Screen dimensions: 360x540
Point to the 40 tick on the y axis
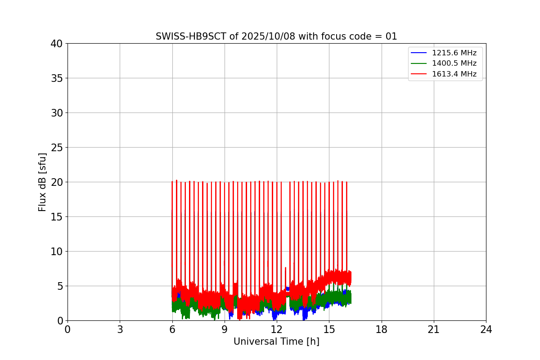click(x=57, y=44)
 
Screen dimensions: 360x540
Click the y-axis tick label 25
click(x=57, y=148)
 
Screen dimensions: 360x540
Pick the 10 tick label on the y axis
click(x=57, y=252)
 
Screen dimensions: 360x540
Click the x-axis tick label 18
click(x=382, y=329)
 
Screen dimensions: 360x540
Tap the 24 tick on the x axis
click(x=486, y=329)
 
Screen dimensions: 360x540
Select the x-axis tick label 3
click(x=120, y=329)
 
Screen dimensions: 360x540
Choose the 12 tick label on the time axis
click(x=277, y=329)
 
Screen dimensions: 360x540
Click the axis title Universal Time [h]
click(x=276, y=342)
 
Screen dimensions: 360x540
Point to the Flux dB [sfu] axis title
click(x=42, y=182)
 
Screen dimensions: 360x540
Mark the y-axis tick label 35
click(x=57, y=78)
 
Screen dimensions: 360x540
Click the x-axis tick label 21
click(x=434, y=329)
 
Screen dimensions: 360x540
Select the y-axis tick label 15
click(x=57, y=217)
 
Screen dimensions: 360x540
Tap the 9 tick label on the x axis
click(x=225, y=329)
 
